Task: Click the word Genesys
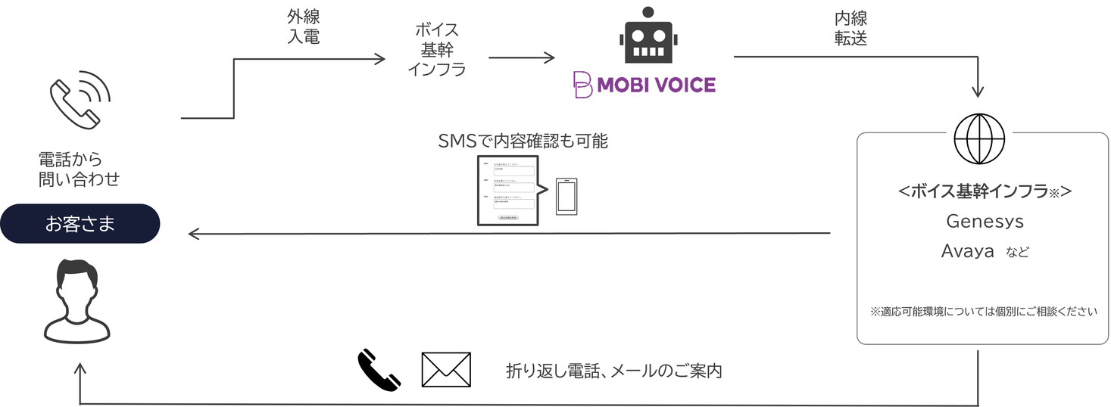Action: coord(985,221)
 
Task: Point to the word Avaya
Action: coord(967,251)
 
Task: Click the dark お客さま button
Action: coord(80,224)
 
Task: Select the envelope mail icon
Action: coord(446,370)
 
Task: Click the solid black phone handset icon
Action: coord(378,369)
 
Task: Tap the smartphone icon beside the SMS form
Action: coord(566,197)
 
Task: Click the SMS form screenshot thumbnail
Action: coord(507,191)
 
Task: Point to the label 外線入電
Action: coord(303,28)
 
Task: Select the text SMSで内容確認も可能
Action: coord(523,141)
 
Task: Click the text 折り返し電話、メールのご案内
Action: coord(613,371)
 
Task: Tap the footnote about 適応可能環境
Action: coord(983,311)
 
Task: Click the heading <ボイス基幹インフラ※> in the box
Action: coord(984,192)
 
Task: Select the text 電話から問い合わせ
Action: coord(79,169)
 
